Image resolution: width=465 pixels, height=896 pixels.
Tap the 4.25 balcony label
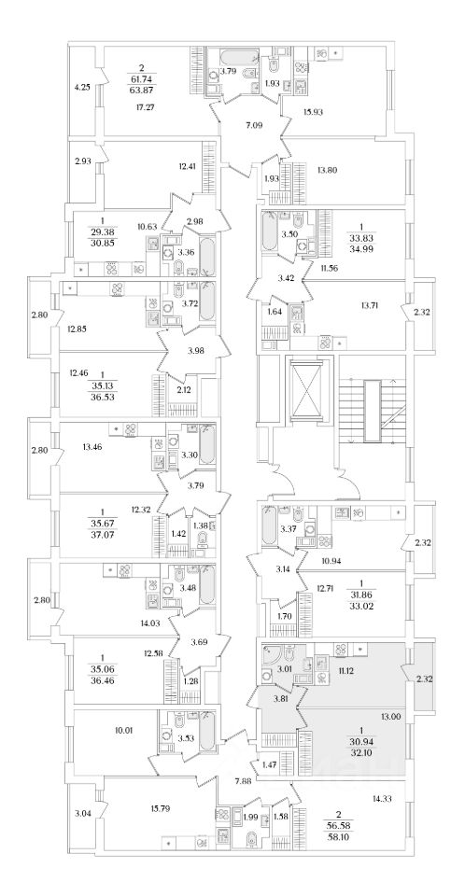point(82,88)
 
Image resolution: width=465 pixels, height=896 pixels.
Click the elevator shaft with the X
point(311,392)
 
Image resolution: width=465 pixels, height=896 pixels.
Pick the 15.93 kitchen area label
point(314,112)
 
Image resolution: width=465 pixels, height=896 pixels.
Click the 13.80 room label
point(326,169)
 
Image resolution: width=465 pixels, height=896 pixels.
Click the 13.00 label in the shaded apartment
point(390,717)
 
